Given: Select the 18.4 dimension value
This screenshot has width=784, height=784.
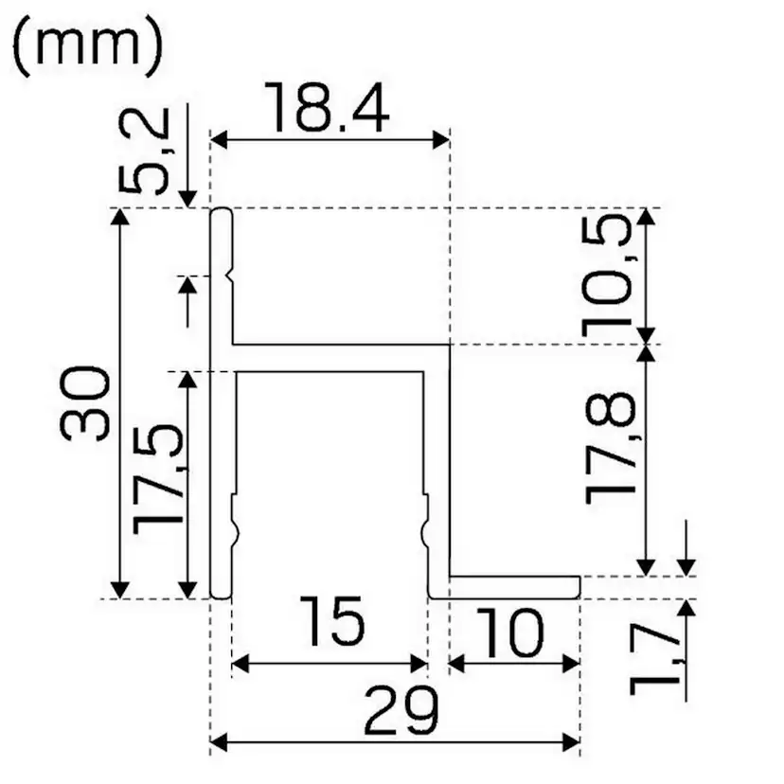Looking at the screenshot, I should click(x=327, y=108).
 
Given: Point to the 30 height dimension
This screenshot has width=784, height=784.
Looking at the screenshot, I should click(x=86, y=401).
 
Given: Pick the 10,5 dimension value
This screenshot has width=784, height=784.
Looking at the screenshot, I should click(x=606, y=275).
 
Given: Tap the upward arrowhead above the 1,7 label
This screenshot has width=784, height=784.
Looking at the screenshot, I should click(x=688, y=609).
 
